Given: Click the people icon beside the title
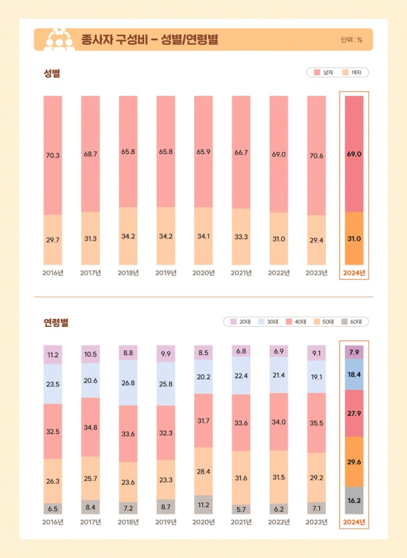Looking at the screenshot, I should click(x=58, y=40).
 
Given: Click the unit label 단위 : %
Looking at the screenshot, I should click(x=351, y=40).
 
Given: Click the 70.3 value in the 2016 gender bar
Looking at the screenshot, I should click(x=53, y=155).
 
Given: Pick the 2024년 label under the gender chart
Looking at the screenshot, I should click(x=354, y=273).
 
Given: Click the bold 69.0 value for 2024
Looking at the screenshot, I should click(x=354, y=153).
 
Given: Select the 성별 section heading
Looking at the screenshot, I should click(x=52, y=72).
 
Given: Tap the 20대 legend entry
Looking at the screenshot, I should click(x=239, y=322).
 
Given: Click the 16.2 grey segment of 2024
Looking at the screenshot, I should click(x=354, y=500).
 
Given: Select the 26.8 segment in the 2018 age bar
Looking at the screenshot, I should click(x=128, y=384).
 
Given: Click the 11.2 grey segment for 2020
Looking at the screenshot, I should click(x=203, y=502).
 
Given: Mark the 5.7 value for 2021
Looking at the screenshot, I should click(x=240, y=508).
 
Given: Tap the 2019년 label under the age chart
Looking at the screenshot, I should click(x=165, y=522).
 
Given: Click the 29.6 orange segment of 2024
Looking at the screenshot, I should click(x=354, y=462).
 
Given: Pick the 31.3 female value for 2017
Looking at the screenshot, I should click(x=90, y=238).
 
